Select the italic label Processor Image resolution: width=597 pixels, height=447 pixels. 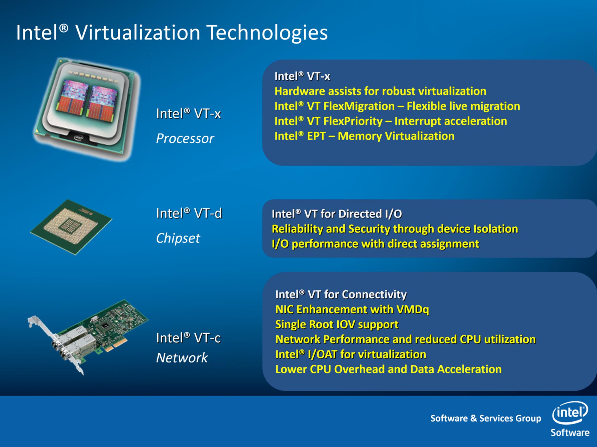click(185, 139)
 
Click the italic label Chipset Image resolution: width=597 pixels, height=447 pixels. click(178, 238)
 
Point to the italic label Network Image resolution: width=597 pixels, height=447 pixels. click(182, 358)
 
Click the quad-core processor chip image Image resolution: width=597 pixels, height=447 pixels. click(87, 109)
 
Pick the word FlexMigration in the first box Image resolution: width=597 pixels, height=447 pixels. click(359, 106)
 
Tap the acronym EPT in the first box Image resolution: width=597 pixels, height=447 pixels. click(316, 136)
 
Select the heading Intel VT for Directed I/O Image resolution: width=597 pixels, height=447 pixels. click(337, 214)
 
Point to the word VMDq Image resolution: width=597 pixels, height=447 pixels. click(413, 309)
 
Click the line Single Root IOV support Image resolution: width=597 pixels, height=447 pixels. click(337, 325)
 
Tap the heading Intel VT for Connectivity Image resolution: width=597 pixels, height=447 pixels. click(341, 295)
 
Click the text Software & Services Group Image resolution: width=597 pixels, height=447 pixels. click(486, 418)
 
